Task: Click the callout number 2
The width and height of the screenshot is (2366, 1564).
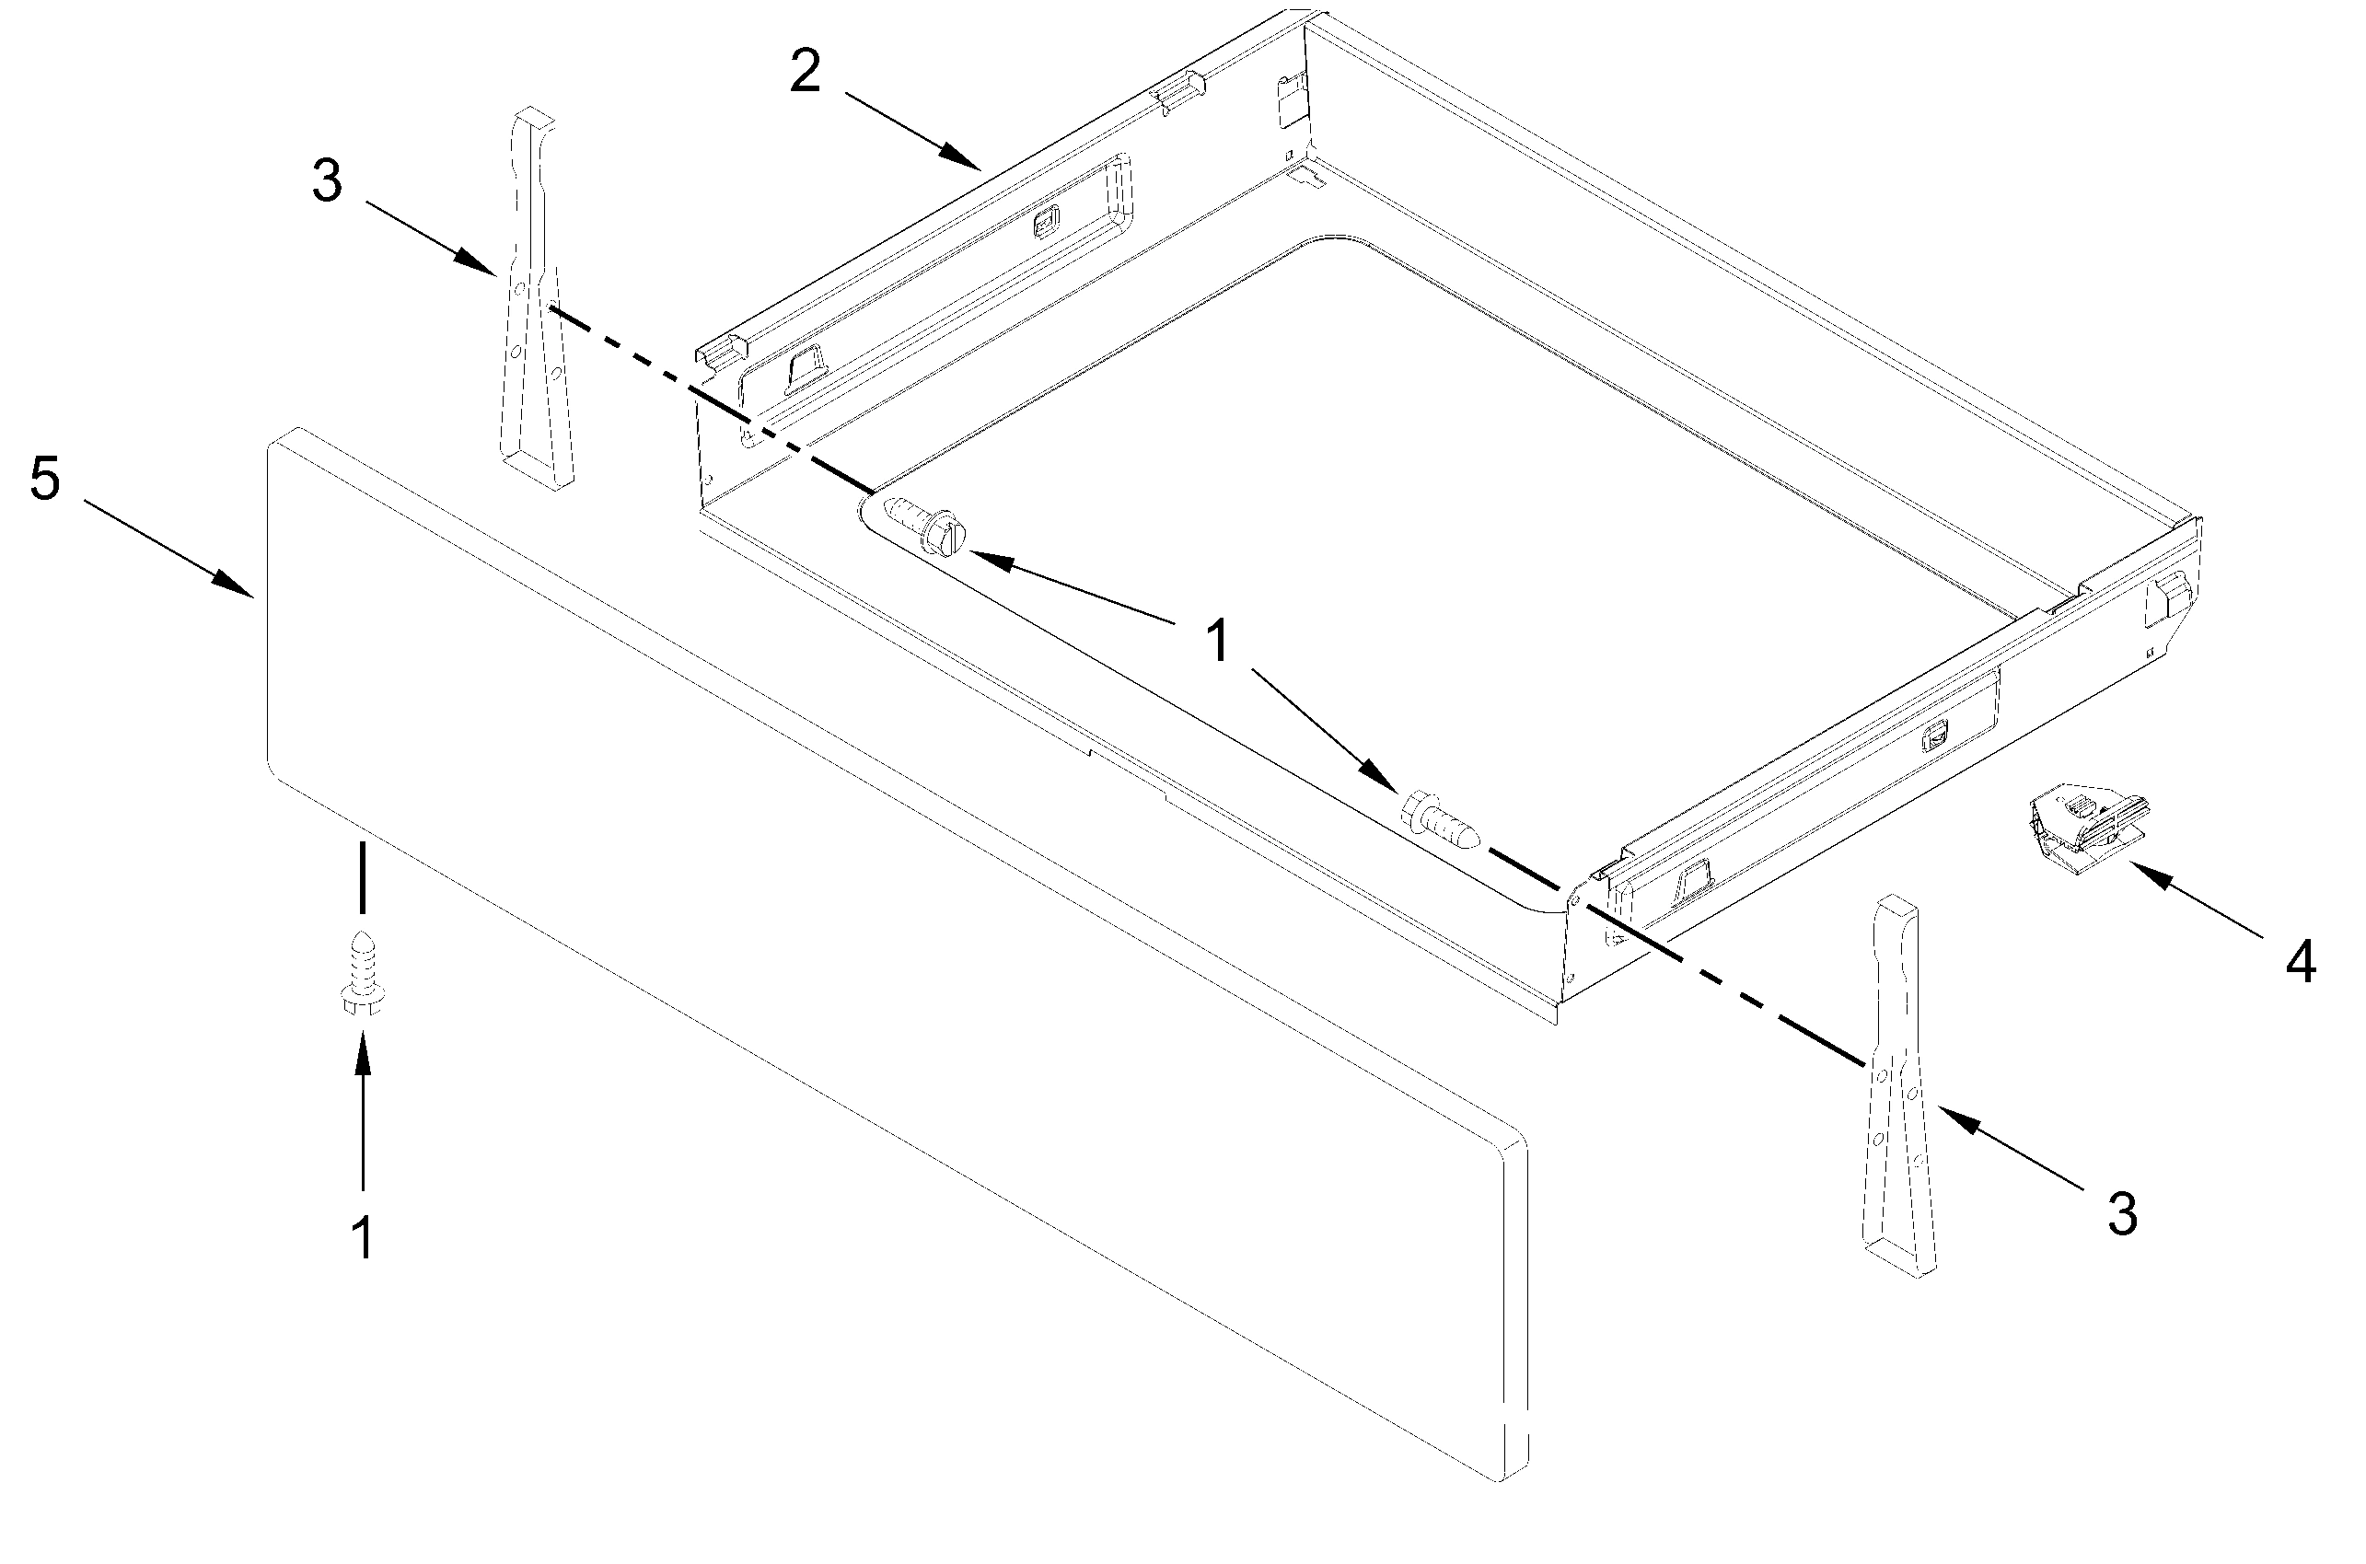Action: (x=804, y=73)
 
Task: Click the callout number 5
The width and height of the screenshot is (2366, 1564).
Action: (x=45, y=479)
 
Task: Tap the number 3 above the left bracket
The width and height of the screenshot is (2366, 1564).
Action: (x=327, y=182)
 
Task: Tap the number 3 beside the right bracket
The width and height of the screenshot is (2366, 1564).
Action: (x=2122, y=1214)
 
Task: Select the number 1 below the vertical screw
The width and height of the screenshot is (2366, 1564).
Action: (x=363, y=1238)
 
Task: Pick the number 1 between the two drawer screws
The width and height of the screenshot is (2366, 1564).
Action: (x=1218, y=642)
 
